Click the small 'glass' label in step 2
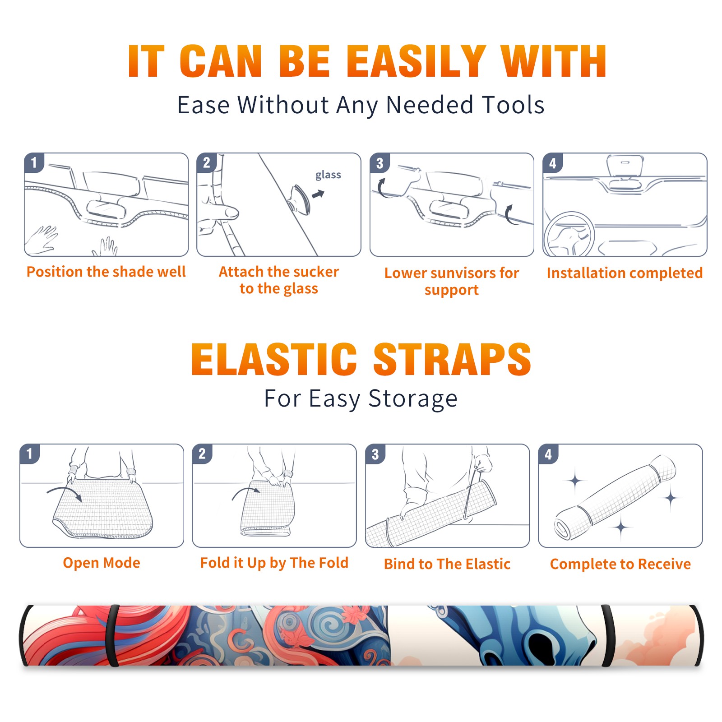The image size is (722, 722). (328, 175)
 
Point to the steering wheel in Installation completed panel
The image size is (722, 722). (569, 234)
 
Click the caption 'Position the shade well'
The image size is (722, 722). (106, 272)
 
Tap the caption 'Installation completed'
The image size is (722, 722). (625, 273)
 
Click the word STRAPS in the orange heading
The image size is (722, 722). (452, 359)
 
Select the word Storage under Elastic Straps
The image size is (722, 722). (413, 399)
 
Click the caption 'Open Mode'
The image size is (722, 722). (102, 563)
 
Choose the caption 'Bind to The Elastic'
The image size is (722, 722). (447, 564)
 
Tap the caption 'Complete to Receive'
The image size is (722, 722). (620, 564)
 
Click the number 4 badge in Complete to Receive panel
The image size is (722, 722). (548, 454)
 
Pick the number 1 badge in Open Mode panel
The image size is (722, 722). (30, 454)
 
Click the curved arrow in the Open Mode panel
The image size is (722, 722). (65, 491)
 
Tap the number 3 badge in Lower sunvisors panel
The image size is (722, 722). (380, 163)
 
